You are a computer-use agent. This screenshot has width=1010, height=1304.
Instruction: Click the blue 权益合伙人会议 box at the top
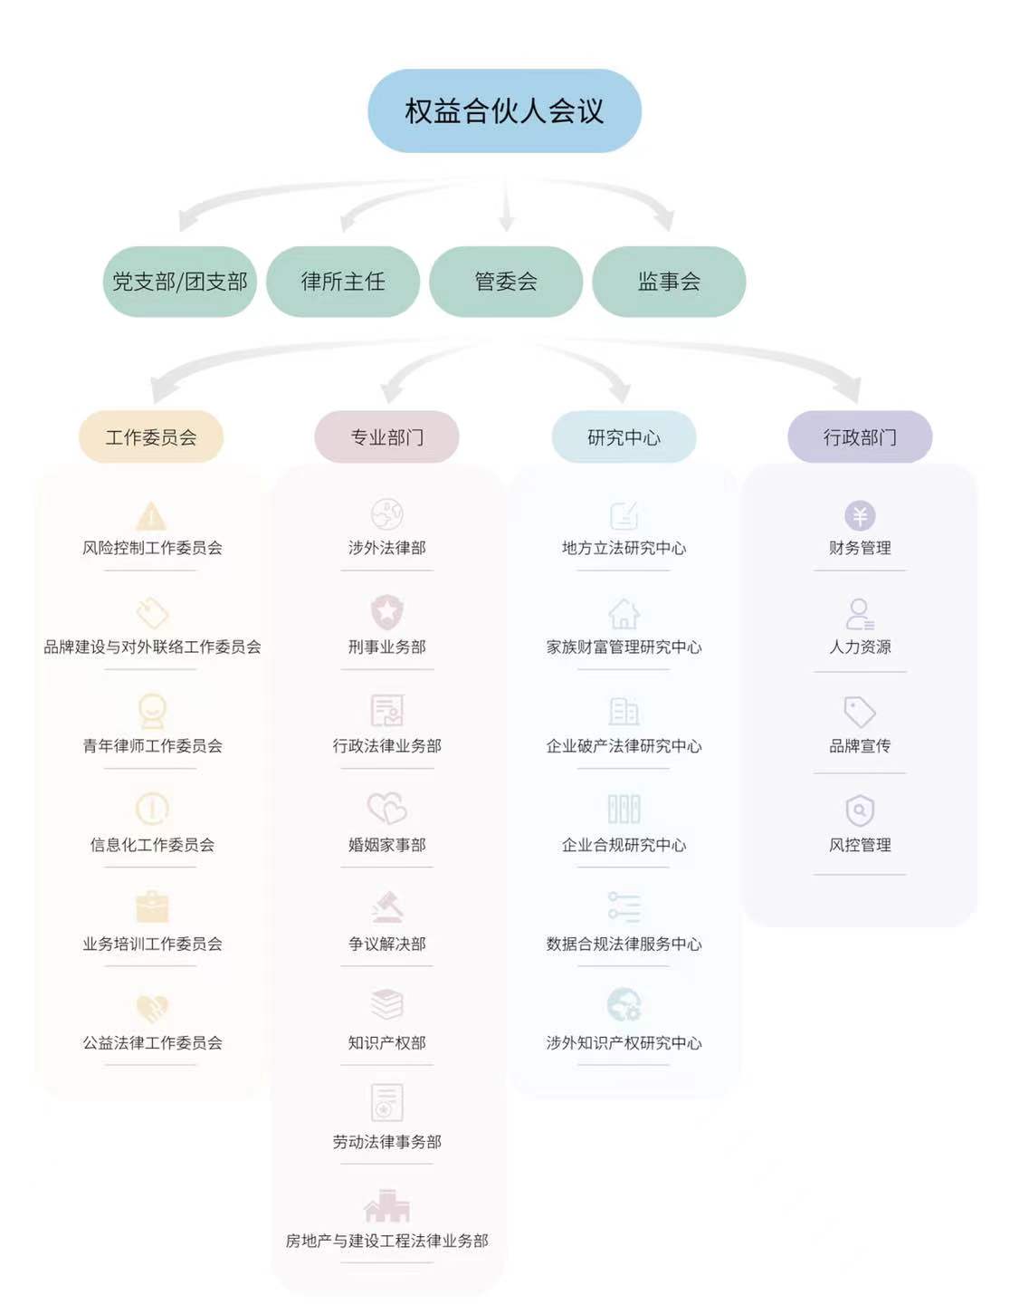[504, 111]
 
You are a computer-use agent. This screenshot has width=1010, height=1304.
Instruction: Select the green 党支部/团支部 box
[180, 282]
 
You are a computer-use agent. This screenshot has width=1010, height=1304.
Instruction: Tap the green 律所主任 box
[343, 282]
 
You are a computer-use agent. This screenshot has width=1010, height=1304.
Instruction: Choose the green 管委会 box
[506, 282]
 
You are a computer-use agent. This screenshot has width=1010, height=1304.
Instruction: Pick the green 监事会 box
[669, 282]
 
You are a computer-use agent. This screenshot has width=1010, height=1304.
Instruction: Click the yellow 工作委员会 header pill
[151, 437]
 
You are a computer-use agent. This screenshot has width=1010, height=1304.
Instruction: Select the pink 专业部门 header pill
[387, 437]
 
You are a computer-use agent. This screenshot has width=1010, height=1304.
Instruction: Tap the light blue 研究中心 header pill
[624, 437]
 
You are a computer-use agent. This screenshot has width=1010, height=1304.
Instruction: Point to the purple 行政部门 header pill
[860, 437]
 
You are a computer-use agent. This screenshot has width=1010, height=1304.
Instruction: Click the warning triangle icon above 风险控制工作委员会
[151, 516]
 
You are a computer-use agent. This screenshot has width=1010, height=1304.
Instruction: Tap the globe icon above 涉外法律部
[387, 514]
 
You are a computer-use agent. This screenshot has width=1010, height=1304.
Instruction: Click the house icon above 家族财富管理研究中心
[624, 614]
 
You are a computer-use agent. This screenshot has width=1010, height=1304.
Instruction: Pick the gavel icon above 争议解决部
[387, 906]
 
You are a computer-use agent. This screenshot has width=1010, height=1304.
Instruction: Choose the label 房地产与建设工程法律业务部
[387, 1241]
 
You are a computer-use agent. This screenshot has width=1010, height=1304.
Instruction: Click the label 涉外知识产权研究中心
[624, 1043]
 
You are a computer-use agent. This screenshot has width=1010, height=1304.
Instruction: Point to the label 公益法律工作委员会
[152, 1043]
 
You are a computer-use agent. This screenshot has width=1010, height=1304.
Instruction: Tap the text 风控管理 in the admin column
[860, 845]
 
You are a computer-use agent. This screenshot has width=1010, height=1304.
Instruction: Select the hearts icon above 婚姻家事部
[387, 808]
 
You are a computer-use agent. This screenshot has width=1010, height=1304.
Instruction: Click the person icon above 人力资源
[860, 614]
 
